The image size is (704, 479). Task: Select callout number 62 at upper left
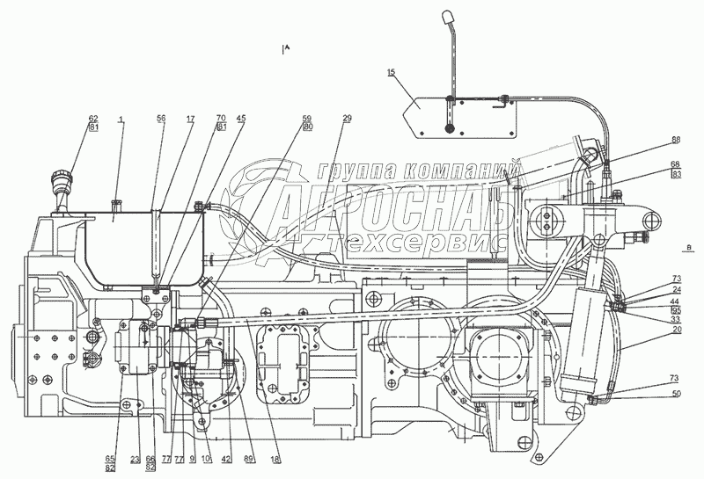coord(92,118)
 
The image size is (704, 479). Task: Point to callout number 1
coord(121,118)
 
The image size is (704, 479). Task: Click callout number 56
coord(160,118)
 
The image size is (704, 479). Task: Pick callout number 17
coord(190,118)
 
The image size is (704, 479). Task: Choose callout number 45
coord(241,118)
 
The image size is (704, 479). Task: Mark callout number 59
coord(306,118)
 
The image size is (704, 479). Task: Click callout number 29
coord(347,118)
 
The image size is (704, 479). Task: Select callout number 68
coord(674,164)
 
